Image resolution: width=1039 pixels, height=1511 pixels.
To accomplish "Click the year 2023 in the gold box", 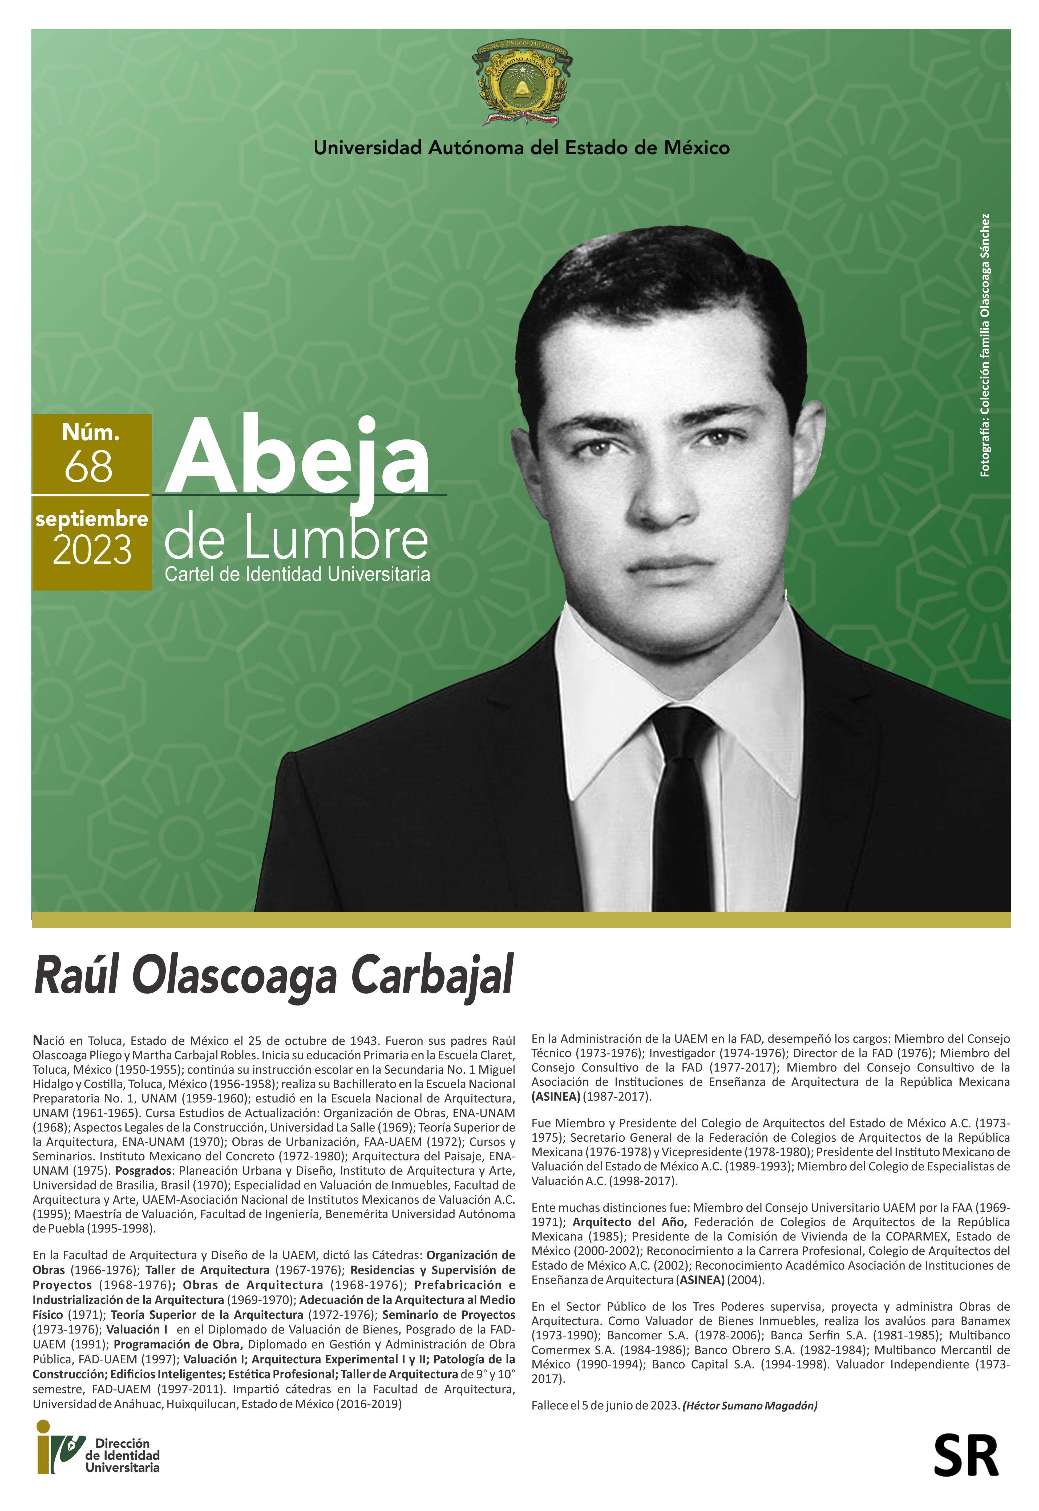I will [92, 551].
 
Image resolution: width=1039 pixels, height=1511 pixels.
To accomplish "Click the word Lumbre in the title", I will [336, 540].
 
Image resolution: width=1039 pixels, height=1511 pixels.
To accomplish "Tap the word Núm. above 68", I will [91, 432].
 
